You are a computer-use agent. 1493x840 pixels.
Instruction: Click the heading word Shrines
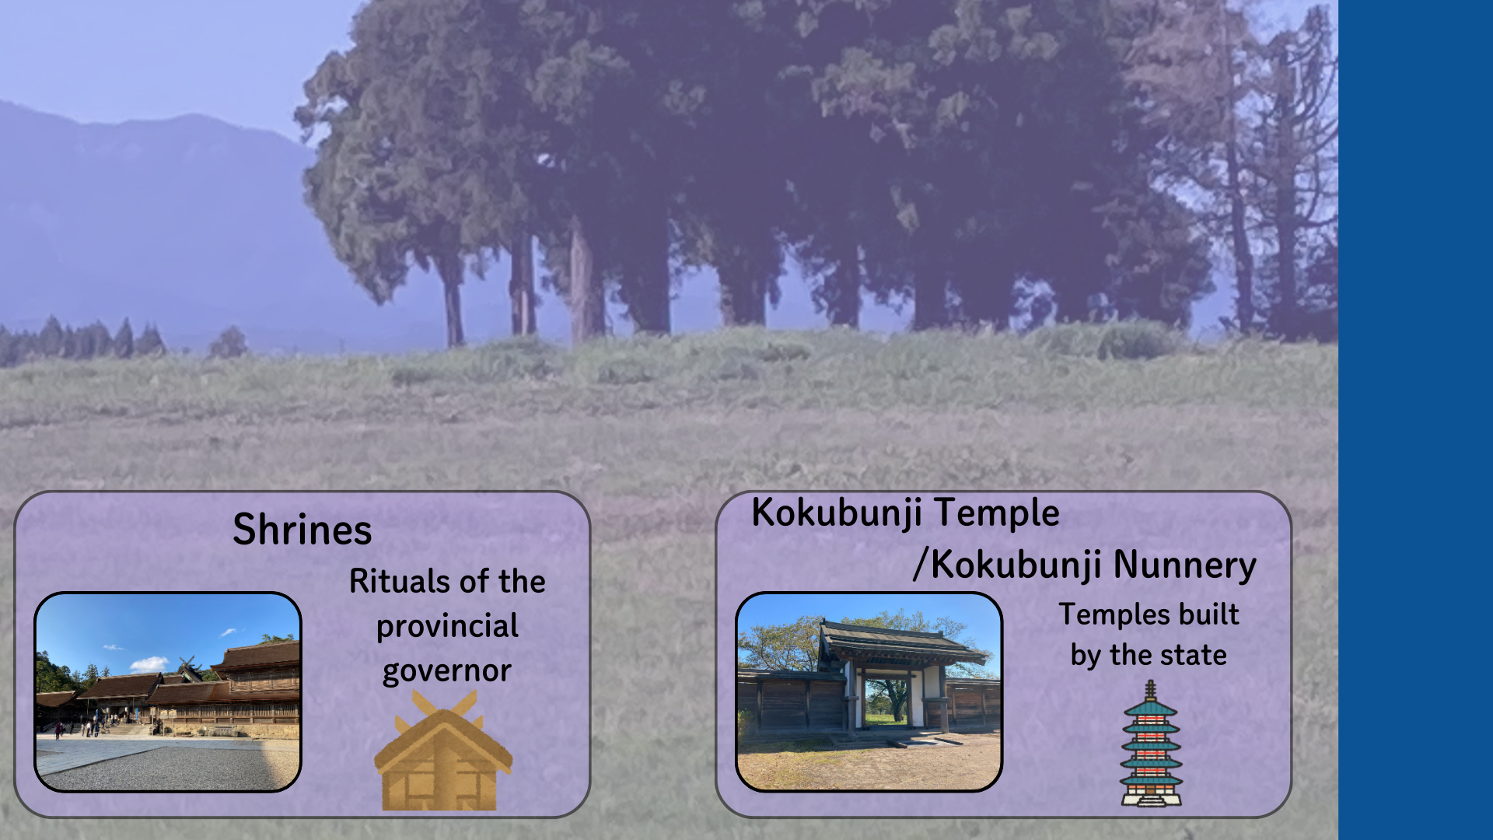click(x=302, y=530)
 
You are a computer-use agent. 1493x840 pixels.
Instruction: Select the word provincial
click(x=447, y=627)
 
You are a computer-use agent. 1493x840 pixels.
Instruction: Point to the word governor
click(x=447, y=670)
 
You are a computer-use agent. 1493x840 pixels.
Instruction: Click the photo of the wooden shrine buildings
click(x=168, y=692)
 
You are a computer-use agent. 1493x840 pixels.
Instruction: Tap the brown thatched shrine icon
click(x=443, y=751)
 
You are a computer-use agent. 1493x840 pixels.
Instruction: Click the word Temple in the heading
click(x=997, y=513)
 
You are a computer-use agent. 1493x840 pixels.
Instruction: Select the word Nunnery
click(x=1185, y=565)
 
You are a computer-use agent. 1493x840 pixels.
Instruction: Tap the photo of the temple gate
click(x=869, y=692)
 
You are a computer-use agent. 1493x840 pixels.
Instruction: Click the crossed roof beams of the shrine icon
click(x=444, y=705)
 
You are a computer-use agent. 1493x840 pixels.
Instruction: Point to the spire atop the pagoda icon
click(x=1151, y=691)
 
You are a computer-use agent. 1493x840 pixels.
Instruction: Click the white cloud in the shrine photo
click(x=149, y=664)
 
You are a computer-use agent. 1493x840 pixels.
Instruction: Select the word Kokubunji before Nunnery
click(x=1016, y=565)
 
